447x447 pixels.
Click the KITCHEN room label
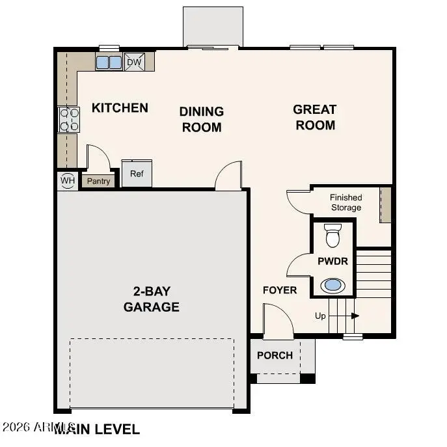120,108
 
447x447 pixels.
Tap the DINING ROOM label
202,119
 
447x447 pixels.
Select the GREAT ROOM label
315,117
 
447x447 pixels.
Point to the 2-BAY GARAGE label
152,299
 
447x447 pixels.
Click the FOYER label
279,290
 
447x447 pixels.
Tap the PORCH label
275,355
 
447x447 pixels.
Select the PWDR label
332,261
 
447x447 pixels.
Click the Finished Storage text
345,202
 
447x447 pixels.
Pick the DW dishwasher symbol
134,62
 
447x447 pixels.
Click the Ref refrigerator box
137,174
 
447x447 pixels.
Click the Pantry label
99,181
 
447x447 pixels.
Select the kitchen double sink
109,62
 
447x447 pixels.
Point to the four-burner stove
69,120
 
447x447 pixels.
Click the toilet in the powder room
332,236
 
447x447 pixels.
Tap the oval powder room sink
332,284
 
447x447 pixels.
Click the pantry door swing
98,159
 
